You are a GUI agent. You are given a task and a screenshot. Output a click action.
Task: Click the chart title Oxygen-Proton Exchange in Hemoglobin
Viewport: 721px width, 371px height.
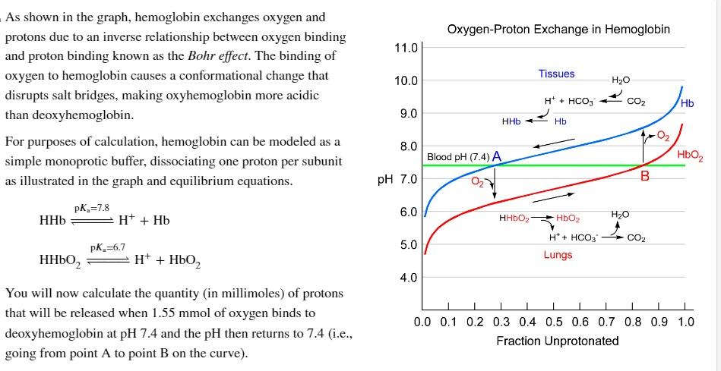pyautogui.click(x=558, y=30)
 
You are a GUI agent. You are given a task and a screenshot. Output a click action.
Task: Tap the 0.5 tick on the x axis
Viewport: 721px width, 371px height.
pyautogui.click(x=554, y=322)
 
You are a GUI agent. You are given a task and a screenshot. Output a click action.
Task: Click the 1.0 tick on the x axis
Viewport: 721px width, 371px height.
pyautogui.click(x=685, y=322)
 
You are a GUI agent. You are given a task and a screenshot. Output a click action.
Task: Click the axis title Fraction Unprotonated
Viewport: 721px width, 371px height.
pyautogui.click(x=557, y=341)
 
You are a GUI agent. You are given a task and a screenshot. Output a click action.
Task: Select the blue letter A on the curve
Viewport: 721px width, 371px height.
pyautogui.click(x=497, y=156)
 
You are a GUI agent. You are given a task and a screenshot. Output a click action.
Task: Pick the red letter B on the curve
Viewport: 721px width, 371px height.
pyautogui.click(x=645, y=176)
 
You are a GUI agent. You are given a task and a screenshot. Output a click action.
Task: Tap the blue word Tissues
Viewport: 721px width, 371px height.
pyautogui.click(x=556, y=74)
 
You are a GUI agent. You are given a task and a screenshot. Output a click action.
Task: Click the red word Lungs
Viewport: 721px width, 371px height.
pyautogui.click(x=558, y=255)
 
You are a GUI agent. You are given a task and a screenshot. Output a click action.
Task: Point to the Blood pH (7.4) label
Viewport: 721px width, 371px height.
pyautogui.click(x=458, y=157)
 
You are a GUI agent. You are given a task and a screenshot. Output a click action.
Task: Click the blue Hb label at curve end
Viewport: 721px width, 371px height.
pyautogui.click(x=688, y=104)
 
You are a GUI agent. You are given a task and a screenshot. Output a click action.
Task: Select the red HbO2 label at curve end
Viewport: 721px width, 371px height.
pyautogui.click(x=690, y=156)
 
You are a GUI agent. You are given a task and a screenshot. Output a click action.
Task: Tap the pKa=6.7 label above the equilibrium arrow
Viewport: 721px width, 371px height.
pyautogui.click(x=107, y=247)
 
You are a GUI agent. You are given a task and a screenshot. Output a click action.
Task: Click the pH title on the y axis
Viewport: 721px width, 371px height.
pyautogui.click(x=386, y=180)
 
